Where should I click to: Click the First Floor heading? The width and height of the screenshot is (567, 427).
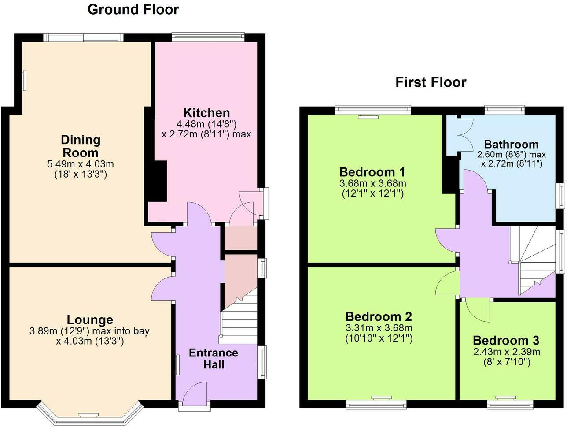pos(431,82)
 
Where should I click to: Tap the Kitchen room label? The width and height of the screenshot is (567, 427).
pos(206,113)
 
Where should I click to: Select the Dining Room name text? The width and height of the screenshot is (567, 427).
pos(81,146)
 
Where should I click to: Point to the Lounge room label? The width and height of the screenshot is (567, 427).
pos(90,320)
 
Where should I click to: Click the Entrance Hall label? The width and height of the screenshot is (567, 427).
pos(214,359)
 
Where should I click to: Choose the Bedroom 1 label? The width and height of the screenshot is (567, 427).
pos(372,172)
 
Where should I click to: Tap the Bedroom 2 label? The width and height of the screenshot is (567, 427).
pos(379,316)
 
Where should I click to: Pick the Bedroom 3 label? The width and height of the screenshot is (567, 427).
pos(506,341)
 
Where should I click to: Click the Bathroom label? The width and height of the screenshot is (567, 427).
pos(511,144)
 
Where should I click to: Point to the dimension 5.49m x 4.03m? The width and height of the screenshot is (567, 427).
pos(80,164)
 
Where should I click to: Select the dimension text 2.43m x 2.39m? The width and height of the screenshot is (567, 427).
pos(507,352)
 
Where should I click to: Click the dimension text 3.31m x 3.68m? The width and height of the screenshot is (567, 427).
pos(379,328)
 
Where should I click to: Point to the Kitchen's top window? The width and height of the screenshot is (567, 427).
pos(208,37)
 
